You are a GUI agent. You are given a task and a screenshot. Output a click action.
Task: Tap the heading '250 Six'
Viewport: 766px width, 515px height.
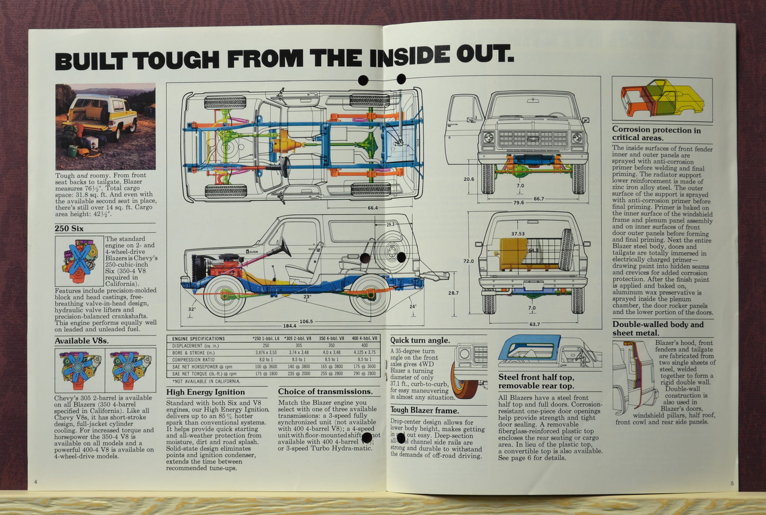[69, 228]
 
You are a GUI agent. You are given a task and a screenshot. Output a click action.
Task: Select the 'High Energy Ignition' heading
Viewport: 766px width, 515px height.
[205, 392]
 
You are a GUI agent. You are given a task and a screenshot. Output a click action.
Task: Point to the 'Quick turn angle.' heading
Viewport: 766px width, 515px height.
[420, 340]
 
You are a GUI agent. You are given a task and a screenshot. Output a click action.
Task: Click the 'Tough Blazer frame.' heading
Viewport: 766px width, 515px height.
[425, 410]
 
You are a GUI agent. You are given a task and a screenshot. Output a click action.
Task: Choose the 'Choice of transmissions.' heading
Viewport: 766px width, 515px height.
[325, 392]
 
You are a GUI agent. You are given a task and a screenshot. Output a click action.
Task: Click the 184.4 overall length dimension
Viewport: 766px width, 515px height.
[289, 326]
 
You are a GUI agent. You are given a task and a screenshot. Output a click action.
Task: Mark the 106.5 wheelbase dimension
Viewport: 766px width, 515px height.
[306, 321]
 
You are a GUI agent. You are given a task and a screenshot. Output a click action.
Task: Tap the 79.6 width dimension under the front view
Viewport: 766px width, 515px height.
[518, 202]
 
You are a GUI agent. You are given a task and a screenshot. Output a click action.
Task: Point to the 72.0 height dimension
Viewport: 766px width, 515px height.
[468, 261]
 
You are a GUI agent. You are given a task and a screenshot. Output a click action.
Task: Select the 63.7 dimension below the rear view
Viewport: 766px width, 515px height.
[534, 324]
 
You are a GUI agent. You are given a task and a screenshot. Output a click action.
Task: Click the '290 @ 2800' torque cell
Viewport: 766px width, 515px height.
[364, 374]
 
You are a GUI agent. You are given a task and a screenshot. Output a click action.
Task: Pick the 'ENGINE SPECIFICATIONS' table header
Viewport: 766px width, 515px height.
[198, 339]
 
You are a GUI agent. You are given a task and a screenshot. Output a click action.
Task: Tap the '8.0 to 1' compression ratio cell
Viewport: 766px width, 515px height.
[266, 359]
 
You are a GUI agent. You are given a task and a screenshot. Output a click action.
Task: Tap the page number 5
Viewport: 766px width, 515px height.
[732, 483]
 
